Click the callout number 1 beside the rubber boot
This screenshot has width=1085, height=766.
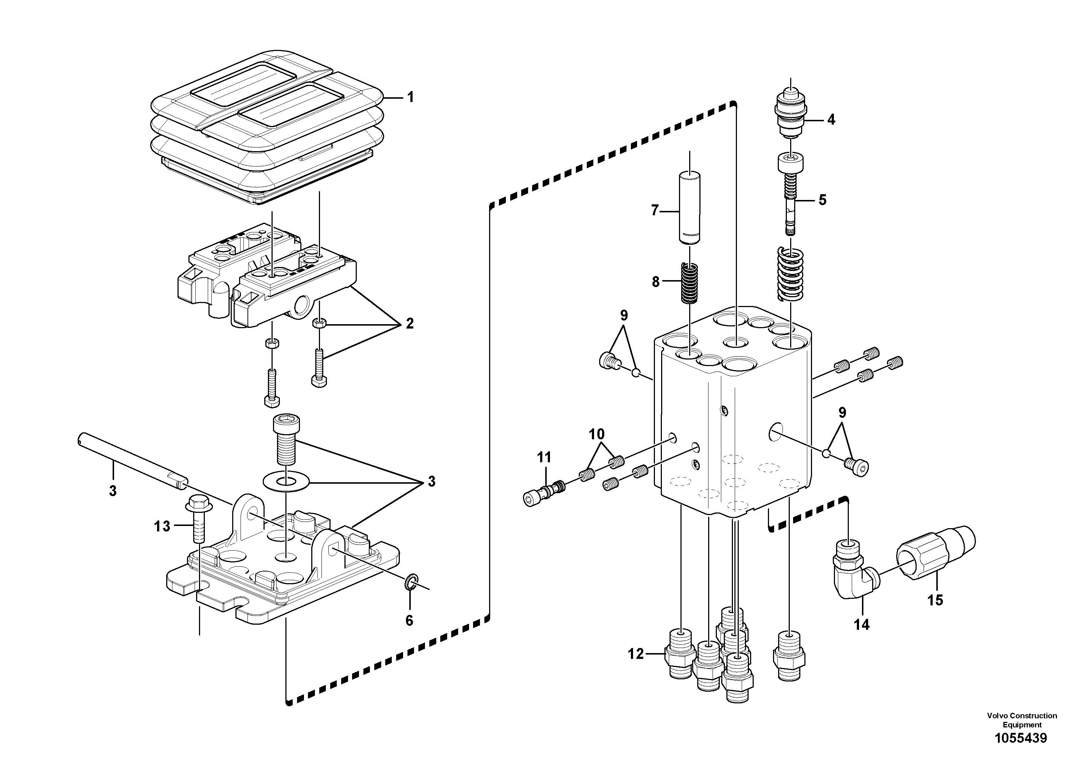pyautogui.click(x=410, y=97)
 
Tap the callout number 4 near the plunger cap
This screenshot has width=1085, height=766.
pyautogui.click(x=831, y=120)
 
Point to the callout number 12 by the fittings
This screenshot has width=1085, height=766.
pyautogui.click(x=636, y=654)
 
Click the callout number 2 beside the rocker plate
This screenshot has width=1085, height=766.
pyautogui.click(x=409, y=324)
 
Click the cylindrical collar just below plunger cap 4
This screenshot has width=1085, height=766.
pyautogui.click(x=791, y=164)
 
